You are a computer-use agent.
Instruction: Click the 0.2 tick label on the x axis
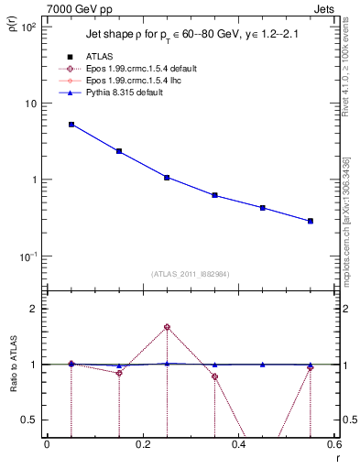coord(142,446)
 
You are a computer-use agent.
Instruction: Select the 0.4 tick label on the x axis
coord(238,446)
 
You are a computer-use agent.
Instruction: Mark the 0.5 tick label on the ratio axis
coord(33,420)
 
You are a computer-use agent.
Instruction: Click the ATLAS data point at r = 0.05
coord(71,125)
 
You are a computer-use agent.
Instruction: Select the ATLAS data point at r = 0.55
coord(311,221)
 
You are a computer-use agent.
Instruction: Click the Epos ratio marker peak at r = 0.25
coord(167,327)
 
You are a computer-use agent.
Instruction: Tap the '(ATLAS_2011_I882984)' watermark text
coord(191,274)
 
